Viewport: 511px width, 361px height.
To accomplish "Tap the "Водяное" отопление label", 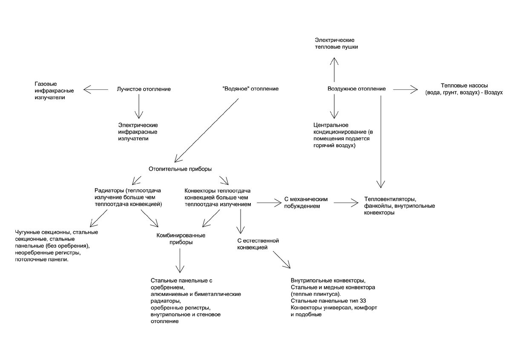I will [x=250, y=89].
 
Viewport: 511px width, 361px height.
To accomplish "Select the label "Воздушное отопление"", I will [x=357, y=89].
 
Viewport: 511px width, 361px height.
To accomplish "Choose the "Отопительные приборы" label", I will [x=181, y=169].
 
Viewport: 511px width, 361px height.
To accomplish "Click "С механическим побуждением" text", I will [x=305, y=203].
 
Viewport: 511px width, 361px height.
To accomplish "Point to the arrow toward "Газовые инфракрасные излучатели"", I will [x=96, y=89].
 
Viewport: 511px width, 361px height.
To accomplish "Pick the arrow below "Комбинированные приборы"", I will [x=180, y=261].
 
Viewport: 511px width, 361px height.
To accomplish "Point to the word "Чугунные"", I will [x=27, y=232].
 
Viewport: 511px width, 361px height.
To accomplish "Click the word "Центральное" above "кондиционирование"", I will [x=331, y=125].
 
